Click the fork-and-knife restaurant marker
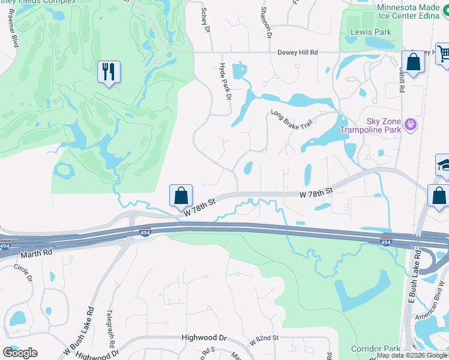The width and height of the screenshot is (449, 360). tap(109, 72)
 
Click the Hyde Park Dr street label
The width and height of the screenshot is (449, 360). tap(224, 80)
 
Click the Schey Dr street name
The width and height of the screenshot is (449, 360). tap(207, 20)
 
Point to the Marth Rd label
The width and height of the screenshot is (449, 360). tap(40, 254)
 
